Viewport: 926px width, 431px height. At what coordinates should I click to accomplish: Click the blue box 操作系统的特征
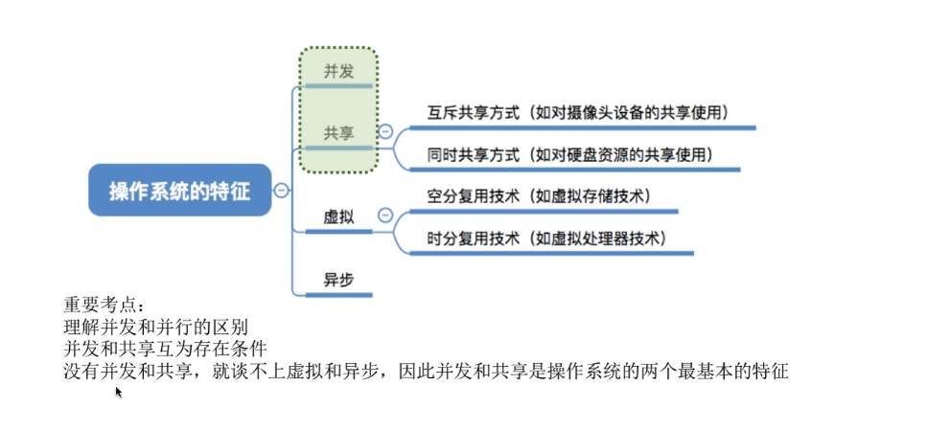point(179,190)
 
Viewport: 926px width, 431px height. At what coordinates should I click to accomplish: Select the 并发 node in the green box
point(337,71)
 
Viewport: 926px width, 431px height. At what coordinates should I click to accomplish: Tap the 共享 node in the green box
point(337,133)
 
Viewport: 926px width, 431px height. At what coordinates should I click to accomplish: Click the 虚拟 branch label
point(338,217)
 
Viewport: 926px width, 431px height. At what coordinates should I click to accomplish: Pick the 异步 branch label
point(338,281)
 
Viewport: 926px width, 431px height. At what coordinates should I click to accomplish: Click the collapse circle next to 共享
point(385,132)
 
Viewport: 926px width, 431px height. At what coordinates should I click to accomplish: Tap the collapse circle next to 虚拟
point(385,216)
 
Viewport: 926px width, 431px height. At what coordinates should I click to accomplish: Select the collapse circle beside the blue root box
point(281,191)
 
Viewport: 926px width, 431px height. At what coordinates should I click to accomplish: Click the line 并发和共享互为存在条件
point(164,349)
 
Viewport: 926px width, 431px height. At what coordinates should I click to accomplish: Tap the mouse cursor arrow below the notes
point(118,392)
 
